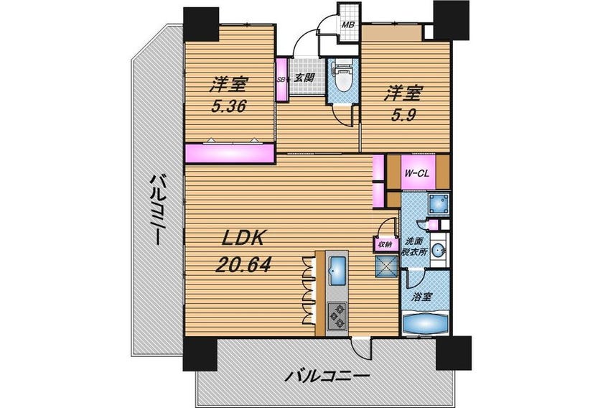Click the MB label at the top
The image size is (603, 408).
(348, 25)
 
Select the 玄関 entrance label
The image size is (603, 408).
(304, 78)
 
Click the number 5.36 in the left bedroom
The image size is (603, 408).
(228, 106)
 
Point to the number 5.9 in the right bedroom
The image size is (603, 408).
(403, 115)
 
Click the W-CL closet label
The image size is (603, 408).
(416, 173)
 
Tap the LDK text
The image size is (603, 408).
(243, 239)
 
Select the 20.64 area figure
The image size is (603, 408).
(243, 265)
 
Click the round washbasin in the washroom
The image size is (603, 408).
(438, 251)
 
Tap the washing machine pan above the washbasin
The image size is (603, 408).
(438, 203)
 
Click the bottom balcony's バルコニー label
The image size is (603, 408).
(327, 376)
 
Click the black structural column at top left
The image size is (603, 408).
(201, 24)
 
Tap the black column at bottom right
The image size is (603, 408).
(454, 353)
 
